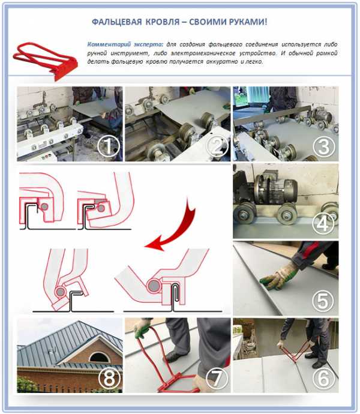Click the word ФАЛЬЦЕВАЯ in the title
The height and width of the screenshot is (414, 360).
coord(117,22)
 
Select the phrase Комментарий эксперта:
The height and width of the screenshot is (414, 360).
coord(125,44)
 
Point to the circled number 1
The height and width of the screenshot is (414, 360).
coord(108,146)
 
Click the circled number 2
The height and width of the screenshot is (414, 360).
coord(217,146)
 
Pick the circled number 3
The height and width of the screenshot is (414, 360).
coord(324,147)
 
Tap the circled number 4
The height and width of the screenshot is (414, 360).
coord(323,224)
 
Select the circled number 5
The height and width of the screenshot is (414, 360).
coord(323,301)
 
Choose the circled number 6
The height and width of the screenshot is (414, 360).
coord(324,378)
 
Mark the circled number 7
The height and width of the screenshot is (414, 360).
coord(217,378)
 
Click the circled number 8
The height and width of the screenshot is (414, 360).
coord(109,379)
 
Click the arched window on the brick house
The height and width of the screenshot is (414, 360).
coord(100,357)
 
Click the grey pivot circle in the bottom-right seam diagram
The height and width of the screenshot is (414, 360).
coord(154,286)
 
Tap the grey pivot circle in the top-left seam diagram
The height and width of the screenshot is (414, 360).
coord(44,206)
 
